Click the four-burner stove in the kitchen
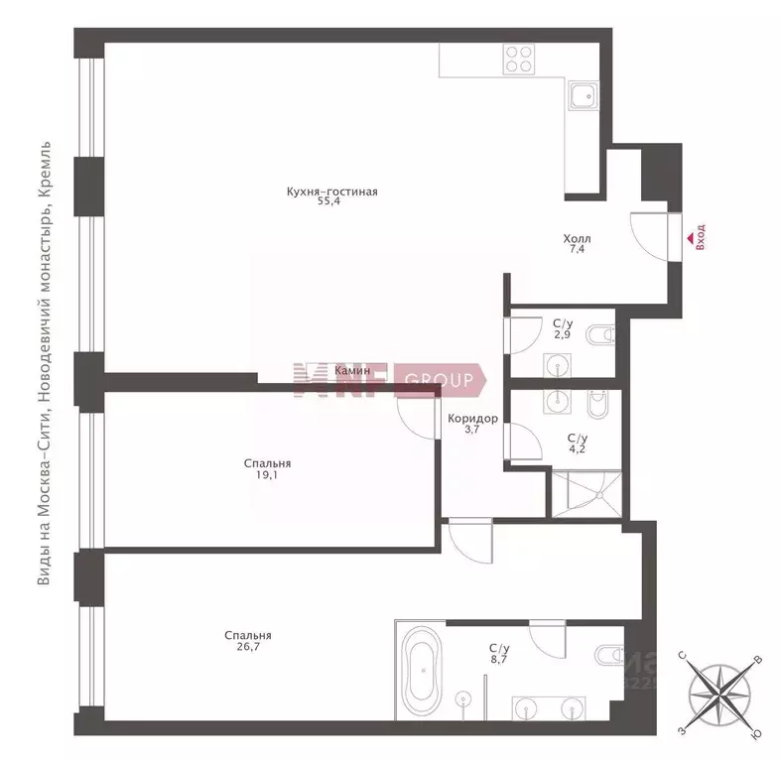pyautogui.click(x=519, y=59)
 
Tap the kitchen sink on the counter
pyautogui.click(x=582, y=96)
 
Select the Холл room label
pyautogui.click(x=577, y=239)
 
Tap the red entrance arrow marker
pyautogui.click(x=688, y=237)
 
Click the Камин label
pyautogui.click(x=353, y=370)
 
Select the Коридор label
pyautogui.click(x=471, y=419)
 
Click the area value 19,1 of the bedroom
pyautogui.click(x=267, y=475)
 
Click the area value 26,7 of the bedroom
pyautogui.click(x=247, y=649)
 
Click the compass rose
pyautogui.click(x=717, y=694)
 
